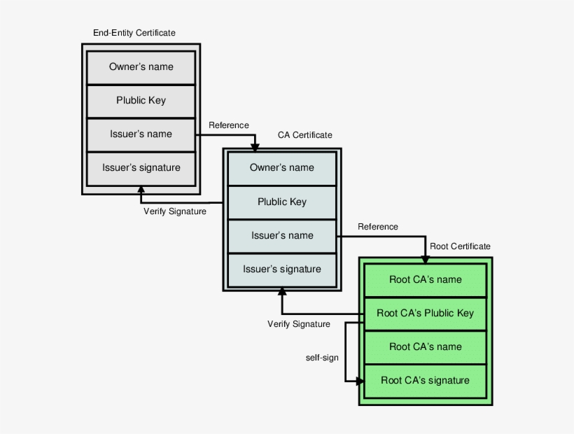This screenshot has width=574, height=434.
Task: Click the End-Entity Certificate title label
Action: [x=134, y=33]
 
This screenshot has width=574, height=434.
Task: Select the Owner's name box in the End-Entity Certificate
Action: [x=141, y=67]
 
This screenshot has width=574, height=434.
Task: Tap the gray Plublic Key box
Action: [x=141, y=101]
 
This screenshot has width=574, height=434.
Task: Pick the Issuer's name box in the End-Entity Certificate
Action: [x=141, y=134]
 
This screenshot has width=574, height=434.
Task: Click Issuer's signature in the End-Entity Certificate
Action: [x=141, y=168]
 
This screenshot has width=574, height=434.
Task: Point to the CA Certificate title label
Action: [x=305, y=135]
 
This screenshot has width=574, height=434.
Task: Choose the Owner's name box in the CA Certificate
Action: [x=282, y=168]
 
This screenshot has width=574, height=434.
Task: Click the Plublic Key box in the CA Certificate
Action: [x=282, y=202]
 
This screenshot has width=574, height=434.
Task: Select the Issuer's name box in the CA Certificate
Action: [x=282, y=236]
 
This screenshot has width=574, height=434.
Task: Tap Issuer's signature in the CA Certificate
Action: [x=282, y=269]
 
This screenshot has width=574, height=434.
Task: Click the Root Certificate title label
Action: [x=460, y=246]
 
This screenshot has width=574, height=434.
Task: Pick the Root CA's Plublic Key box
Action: [x=425, y=314]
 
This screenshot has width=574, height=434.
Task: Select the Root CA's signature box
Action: [x=425, y=381]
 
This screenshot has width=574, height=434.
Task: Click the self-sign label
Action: [x=322, y=358]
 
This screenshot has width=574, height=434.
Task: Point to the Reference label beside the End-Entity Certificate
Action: [x=228, y=125]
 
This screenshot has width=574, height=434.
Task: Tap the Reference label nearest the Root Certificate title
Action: [x=377, y=227]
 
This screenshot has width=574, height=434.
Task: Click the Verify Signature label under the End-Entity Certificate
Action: [x=175, y=211]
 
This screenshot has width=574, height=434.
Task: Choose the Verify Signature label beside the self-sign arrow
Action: [x=299, y=324]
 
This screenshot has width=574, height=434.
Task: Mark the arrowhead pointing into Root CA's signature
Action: [x=360, y=381]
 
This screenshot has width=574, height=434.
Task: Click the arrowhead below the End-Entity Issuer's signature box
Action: [x=141, y=190]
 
